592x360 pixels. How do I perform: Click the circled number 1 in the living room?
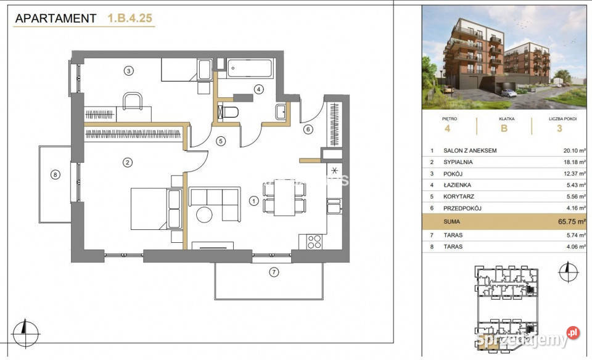click(253, 201)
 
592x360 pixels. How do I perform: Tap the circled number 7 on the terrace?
click(274, 272)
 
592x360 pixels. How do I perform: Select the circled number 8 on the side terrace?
click(55, 174)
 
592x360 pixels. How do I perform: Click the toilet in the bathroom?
click(228, 112)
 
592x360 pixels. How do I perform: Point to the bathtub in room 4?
click(250, 68)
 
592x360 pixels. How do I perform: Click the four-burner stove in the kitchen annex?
click(314, 242)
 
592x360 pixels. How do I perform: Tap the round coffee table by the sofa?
click(204, 215)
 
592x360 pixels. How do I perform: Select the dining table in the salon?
click(285, 197)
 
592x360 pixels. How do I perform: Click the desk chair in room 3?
click(133, 101)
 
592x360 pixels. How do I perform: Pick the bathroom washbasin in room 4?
click(281, 112)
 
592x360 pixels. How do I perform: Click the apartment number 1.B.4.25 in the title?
click(130, 18)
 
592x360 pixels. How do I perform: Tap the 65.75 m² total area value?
click(572, 221)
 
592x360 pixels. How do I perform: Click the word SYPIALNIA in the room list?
click(458, 162)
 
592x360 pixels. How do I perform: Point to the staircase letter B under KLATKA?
click(504, 129)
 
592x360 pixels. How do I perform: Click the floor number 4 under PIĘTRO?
click(448, 129)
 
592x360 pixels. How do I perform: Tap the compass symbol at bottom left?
click(25, 333)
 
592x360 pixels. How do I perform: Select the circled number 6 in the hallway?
click(308, 129)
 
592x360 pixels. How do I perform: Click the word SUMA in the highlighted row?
click(451, 222)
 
